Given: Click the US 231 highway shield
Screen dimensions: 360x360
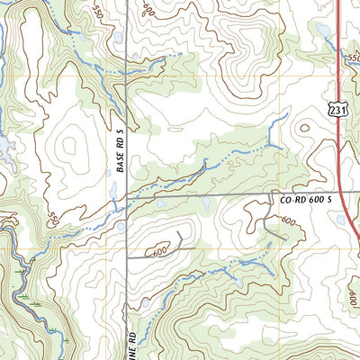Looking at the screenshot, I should tap(336, 110).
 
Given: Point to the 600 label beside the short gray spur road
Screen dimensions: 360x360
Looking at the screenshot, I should tap(159, 253).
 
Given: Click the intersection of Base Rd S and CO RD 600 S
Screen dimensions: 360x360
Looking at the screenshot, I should tap(127, 196).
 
